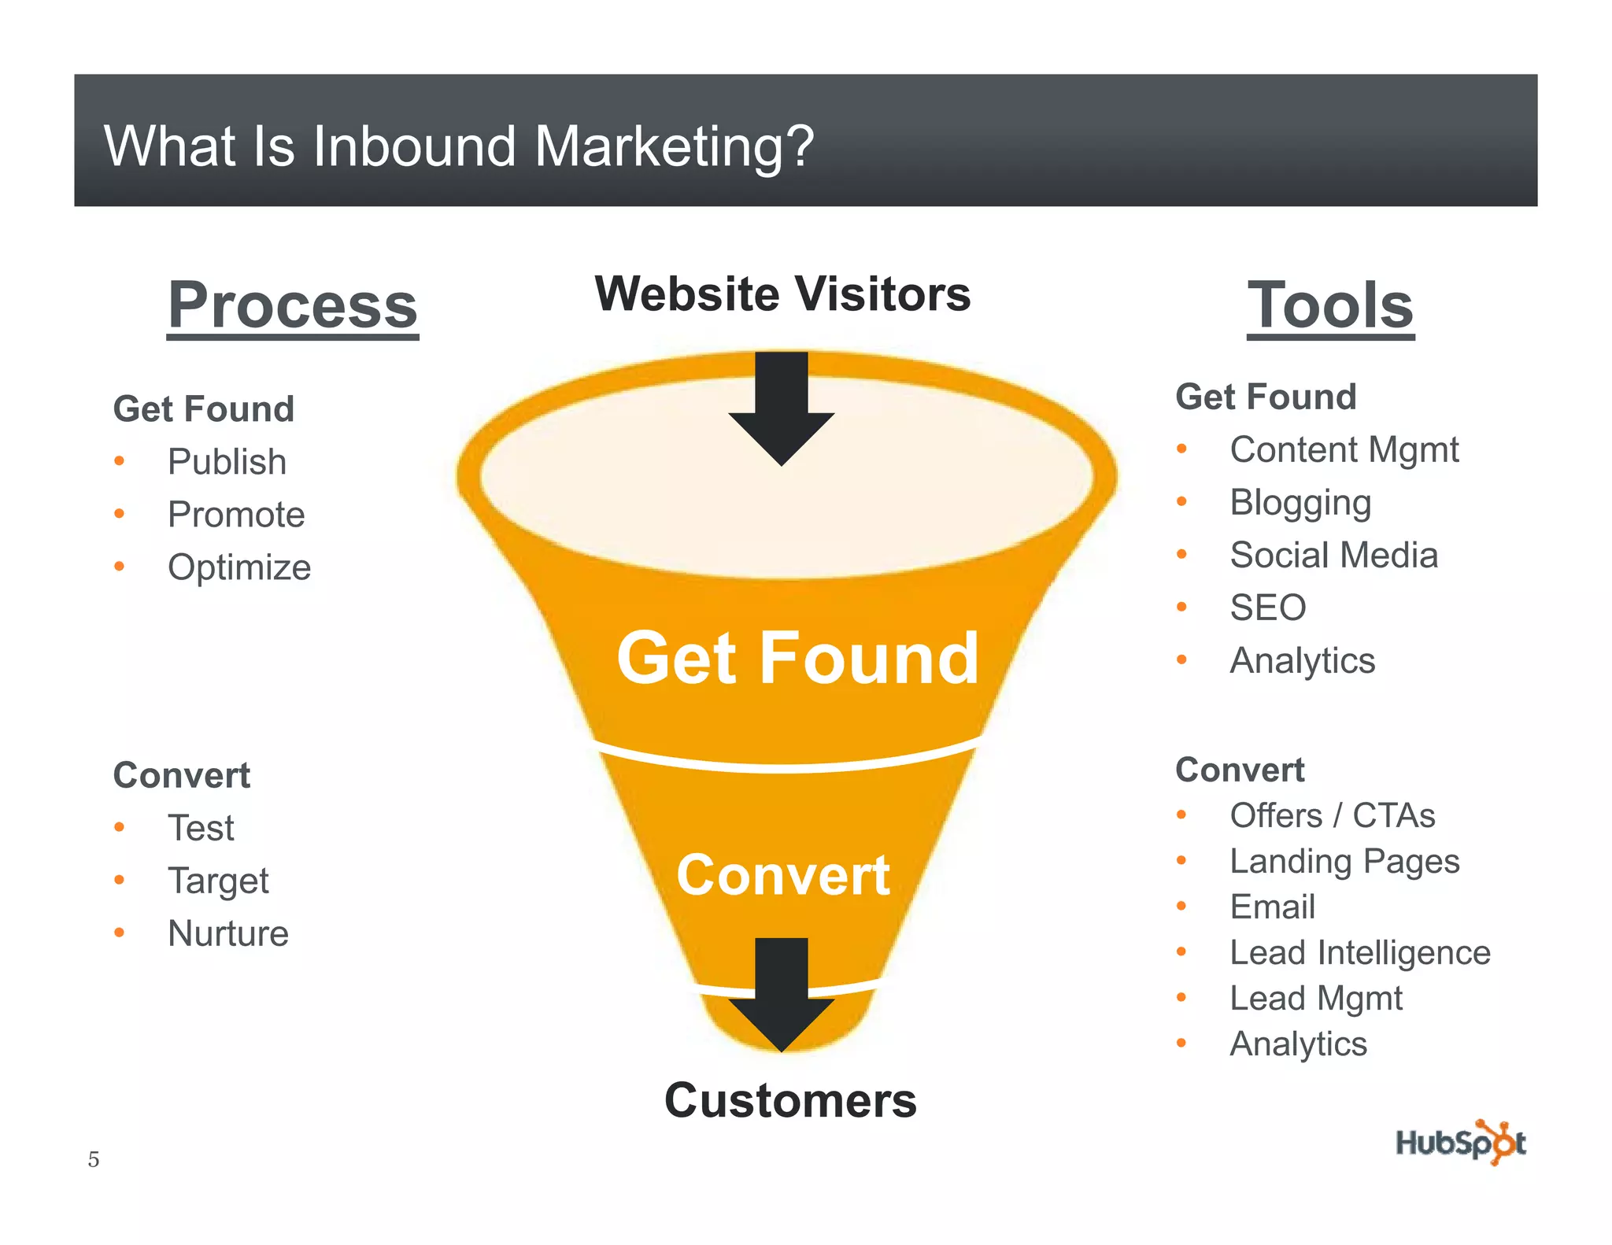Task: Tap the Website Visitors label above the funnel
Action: [x=782, y=294]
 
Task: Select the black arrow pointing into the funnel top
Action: [x=781, y=409]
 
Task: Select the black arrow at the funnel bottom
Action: [x=781, y=996]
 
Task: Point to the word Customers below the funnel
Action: [x=790, y=1099]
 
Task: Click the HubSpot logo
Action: [x=1460, y=1142]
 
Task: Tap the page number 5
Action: [x=94, y=1159]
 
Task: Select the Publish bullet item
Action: [x=227, y=461]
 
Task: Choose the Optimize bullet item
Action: [x=239, y=567]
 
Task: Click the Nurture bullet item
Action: [x=228, y=933]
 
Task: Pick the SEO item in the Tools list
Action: [x=1267, y=608]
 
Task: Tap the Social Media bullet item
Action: [x=1333, y=555]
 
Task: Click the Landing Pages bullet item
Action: [x=1344, y=861]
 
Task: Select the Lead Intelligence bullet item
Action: [x=1359, y=952]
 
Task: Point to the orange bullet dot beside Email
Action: [x=1181, y=907]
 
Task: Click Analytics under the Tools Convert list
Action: [x=1298, y=1044]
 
